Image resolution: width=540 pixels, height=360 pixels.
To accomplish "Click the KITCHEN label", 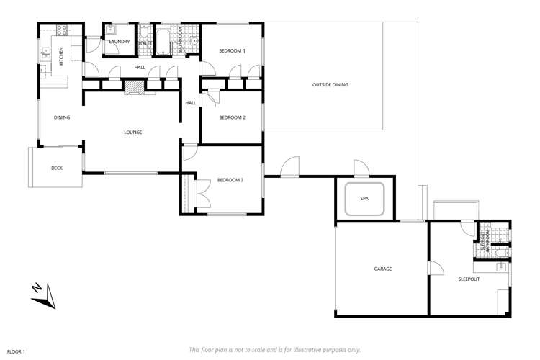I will point(61,56).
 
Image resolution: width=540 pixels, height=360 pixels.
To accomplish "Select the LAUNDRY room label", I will point(119,42).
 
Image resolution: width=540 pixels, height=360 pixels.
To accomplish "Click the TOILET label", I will point(143,44).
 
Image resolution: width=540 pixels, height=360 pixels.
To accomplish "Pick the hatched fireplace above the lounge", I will point(135,87).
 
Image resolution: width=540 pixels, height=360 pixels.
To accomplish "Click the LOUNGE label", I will point(132,132).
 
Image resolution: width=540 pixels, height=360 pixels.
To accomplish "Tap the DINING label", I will point(61,117).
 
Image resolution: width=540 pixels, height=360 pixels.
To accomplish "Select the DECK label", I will point(57,168).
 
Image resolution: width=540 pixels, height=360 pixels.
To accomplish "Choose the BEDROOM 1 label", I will point(233,51).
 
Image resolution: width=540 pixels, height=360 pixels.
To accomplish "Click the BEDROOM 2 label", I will point(233,117).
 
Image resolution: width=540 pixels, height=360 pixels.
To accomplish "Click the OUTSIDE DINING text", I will point(330,85).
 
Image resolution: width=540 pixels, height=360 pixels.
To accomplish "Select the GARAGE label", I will point(382,269).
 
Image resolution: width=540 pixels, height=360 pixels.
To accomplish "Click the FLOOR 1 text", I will point(15,351).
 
